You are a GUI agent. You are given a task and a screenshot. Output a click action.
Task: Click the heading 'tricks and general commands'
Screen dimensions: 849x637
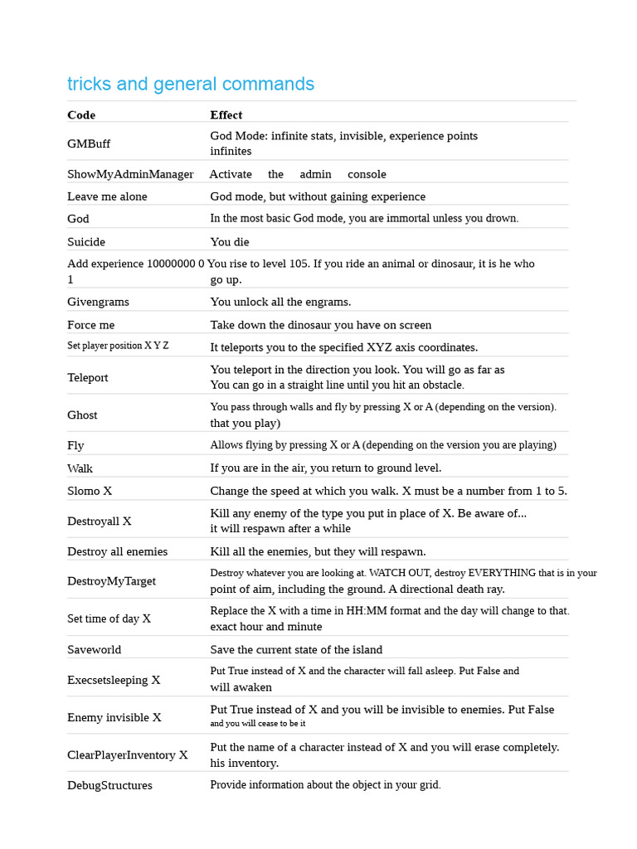click(191, 84)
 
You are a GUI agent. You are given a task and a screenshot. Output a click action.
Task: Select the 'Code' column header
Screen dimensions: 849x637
click(81, 114)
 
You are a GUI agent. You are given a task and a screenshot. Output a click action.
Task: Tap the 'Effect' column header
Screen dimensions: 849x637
click(226, 114)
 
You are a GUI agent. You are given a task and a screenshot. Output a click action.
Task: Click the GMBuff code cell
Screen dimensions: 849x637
click(89, 143)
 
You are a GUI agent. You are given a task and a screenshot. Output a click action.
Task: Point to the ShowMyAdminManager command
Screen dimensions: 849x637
click(130, 174)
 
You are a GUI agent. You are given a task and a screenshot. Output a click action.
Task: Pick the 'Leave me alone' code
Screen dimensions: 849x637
click(107, 196)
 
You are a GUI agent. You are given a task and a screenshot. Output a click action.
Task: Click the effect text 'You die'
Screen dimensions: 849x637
click(230, 242)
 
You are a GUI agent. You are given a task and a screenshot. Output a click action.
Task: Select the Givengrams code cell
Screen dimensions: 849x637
click(98, 302)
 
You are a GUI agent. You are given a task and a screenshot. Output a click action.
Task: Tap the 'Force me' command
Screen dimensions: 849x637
click(91, 325)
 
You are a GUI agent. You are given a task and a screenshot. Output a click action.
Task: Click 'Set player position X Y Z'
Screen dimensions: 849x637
click(118, 346)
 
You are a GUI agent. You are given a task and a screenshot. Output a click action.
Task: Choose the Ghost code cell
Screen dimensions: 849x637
click(82, 415)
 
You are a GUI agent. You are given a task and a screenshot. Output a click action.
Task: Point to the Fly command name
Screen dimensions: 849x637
click(75, 445)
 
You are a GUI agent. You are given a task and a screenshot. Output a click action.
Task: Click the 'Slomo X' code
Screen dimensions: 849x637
click(90, 491)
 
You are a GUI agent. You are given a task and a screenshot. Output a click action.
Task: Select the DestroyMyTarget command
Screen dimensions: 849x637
click(111, 581)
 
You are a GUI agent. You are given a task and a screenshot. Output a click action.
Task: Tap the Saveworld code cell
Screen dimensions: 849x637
click(94, 649)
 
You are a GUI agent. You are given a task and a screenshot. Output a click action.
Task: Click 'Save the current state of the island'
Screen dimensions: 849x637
click(296, 649)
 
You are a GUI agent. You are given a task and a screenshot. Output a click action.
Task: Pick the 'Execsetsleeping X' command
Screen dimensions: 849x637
click(114, 680)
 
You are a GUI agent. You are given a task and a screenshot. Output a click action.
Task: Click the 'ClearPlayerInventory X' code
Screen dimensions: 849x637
click(128, 755)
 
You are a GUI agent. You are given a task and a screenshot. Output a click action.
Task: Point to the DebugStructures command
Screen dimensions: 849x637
click(109, 785)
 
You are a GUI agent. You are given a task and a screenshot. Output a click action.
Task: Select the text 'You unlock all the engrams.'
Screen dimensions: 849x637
click(280, 302)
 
